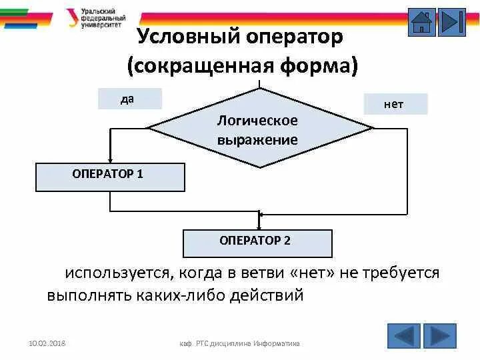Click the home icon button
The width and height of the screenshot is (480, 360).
pos(421,22)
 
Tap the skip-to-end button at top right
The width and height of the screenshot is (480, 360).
pos(452,22)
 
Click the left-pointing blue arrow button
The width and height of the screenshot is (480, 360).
pos(404,336)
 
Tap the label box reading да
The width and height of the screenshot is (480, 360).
pos(129,99)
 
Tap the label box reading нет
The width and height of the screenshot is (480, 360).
pos(395,104)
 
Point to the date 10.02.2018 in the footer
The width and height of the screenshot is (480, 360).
pos(51,343)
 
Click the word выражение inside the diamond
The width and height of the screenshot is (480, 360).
pos(257,140)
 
